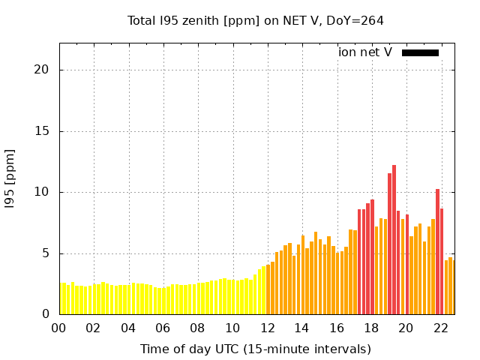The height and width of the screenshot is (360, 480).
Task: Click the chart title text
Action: tap(256, 21)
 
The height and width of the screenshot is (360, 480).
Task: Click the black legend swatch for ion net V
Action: tap(420, 52)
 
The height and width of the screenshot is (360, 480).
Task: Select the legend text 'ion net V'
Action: tap(365, 52)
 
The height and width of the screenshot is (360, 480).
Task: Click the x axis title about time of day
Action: tap(256, 349)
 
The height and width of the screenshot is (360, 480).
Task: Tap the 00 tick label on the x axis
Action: tap(59, 328)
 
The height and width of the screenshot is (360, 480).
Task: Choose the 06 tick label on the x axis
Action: tap(163, 328)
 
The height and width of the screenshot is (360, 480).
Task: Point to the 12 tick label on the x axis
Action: tap(267, 328)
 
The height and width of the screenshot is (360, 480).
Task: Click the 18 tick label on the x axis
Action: tap(371, 328)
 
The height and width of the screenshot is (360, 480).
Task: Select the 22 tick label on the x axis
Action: tap(441, 328)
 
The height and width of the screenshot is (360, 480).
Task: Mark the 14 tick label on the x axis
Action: tap(302, 328)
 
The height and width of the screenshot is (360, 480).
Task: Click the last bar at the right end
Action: tap(451, 286)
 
